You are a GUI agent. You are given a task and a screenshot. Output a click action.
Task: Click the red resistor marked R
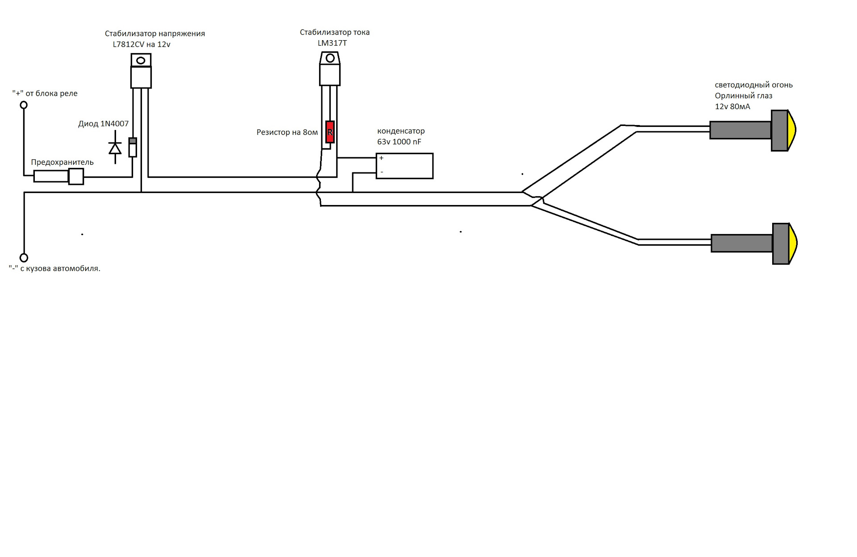330,132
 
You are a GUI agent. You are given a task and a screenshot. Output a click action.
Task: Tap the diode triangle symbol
115,148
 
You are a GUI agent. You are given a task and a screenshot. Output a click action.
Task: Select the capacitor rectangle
404,166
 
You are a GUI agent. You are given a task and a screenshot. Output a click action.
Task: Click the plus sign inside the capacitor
381,158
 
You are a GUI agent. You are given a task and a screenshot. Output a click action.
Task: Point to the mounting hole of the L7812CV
141,60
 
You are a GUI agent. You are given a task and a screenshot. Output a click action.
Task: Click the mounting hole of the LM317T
330,58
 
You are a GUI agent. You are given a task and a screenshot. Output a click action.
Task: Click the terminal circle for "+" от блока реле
24,105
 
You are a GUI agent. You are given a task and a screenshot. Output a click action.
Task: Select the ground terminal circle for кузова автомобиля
24,258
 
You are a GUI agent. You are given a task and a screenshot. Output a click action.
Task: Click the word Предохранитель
62,162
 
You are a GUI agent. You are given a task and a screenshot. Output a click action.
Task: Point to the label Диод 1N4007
103,124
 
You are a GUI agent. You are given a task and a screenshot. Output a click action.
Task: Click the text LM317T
332,43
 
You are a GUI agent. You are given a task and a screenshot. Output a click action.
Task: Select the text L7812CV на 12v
141,45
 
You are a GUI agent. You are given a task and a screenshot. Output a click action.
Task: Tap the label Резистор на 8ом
287,132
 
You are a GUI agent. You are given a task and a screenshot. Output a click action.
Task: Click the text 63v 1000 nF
399,142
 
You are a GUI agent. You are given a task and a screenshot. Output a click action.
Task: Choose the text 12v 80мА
732,107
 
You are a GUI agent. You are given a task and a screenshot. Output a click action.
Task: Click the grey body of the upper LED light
740,130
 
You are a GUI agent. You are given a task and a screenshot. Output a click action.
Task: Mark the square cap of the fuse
76,176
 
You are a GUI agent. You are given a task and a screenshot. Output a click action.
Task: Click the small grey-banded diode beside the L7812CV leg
133,147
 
